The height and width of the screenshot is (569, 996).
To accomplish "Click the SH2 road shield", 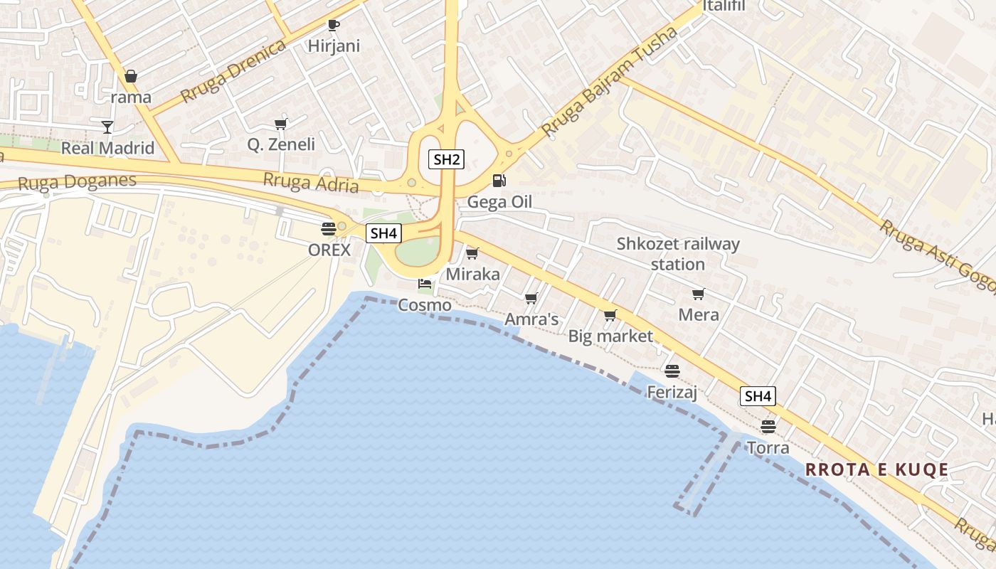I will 446,159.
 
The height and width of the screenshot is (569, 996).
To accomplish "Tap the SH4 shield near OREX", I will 383,233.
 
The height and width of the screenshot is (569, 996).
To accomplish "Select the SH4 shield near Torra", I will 758,396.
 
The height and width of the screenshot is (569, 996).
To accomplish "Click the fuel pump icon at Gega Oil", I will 499,181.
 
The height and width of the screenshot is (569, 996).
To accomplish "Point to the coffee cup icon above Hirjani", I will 333,26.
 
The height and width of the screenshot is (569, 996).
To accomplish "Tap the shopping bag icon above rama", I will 131,76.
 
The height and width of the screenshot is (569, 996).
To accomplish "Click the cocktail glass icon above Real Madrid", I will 107,127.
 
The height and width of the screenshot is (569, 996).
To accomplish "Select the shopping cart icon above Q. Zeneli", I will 280,124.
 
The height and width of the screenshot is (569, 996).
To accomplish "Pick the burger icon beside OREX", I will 329,229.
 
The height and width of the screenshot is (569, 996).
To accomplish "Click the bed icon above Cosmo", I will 425,284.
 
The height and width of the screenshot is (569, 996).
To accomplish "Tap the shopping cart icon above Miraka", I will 472,253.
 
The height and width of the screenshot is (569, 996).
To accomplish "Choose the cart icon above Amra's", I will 531,299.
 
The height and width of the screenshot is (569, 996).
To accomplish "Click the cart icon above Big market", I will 610,315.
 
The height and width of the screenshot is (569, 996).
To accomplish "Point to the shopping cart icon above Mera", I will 698,294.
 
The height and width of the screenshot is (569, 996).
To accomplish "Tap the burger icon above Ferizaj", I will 672,371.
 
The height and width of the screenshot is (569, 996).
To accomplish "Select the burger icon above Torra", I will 768,427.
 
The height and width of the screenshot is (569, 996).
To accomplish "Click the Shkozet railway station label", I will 678,254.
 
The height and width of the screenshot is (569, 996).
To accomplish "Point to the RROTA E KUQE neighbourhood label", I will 876,469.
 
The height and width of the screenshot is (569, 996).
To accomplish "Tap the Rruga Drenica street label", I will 233,71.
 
